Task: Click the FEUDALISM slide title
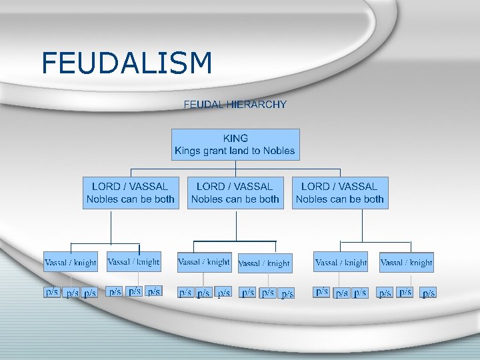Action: pos(127,63)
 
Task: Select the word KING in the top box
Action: pos(235,138)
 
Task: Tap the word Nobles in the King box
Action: pos(279,151)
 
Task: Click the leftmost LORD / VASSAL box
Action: pos(131,193)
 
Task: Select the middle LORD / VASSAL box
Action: pos(235,193)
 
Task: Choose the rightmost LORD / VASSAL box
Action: pos(340,193)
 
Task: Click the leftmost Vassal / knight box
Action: pos(71,262)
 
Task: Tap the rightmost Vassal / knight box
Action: pos(407,262)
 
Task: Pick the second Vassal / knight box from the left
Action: pos(133,262)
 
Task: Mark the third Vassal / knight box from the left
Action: pos(204,262)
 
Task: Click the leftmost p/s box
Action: pos(52,292)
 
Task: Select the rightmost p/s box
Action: pos(429,293)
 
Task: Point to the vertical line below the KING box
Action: pos(235,168)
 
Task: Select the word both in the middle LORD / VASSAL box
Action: pos(269,199)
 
